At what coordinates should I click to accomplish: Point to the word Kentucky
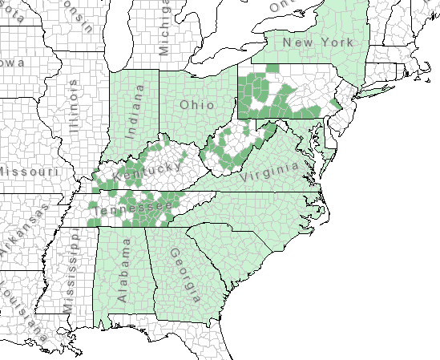(147, 171)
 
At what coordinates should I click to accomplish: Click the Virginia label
(272, 172)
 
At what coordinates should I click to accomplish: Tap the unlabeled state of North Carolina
(272, 212)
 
